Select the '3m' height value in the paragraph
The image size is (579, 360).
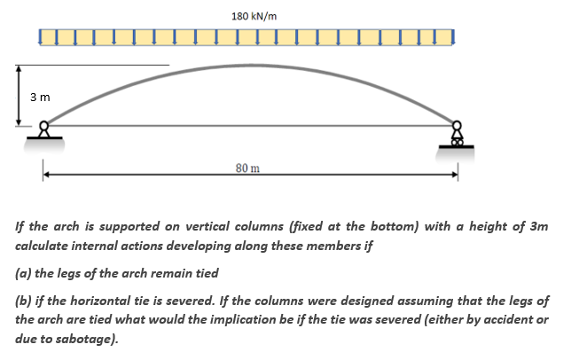point(536,227)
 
